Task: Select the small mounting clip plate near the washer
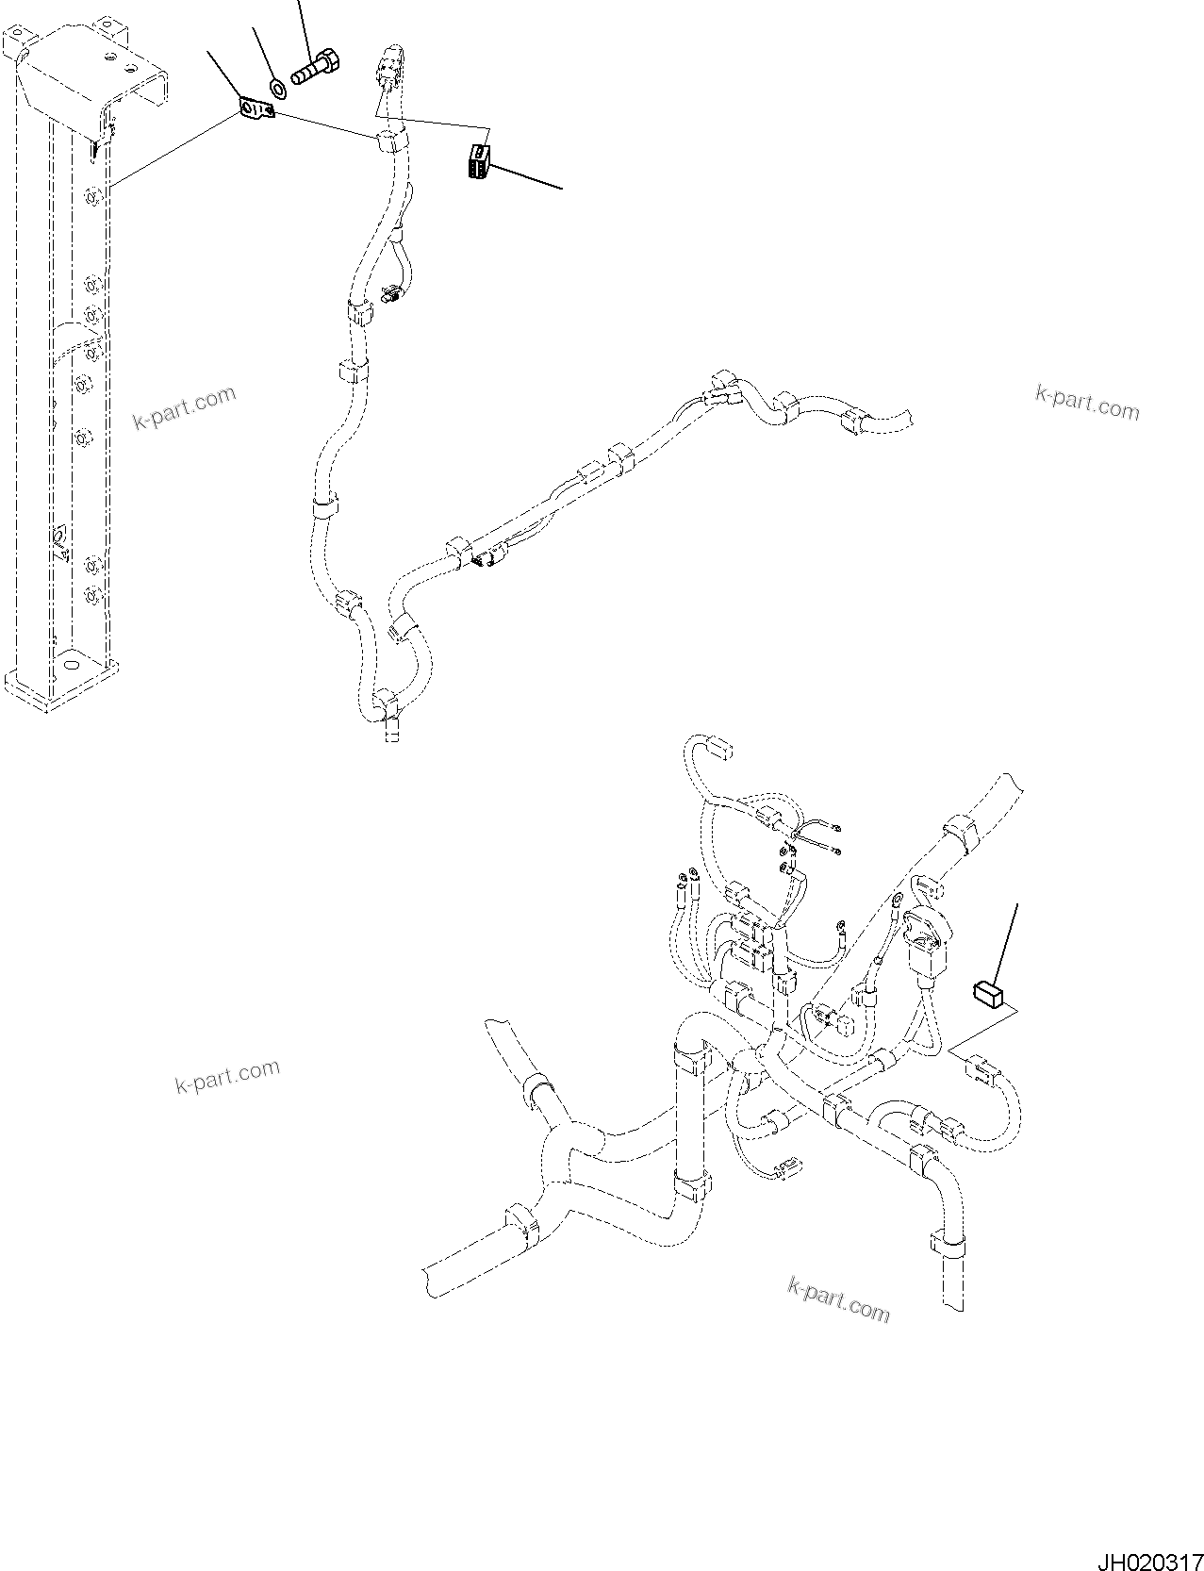pos(255,111)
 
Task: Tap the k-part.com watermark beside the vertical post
pos(184,408)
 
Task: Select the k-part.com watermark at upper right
pos(1086,403)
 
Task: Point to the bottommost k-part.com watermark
pos(838,1299)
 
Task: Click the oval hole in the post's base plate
pos(69,665)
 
